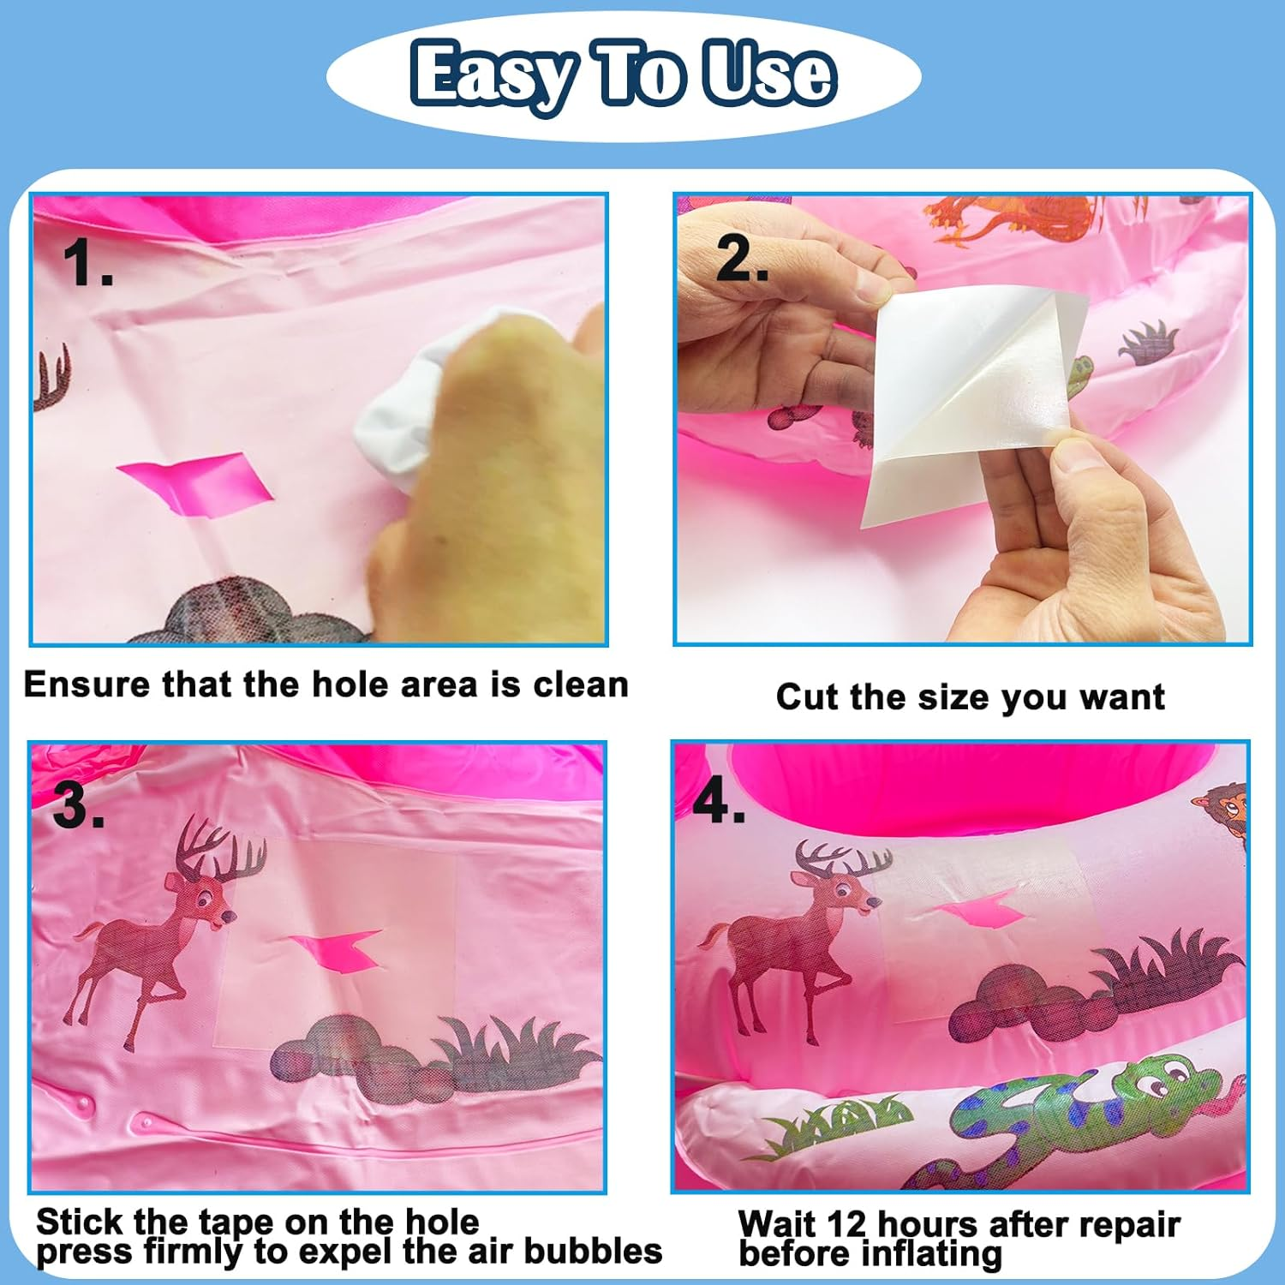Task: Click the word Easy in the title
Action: pos(493,75)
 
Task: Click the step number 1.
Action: pos(87,262)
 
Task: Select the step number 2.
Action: pos(741,258)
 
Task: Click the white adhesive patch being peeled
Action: pos(972,403)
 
